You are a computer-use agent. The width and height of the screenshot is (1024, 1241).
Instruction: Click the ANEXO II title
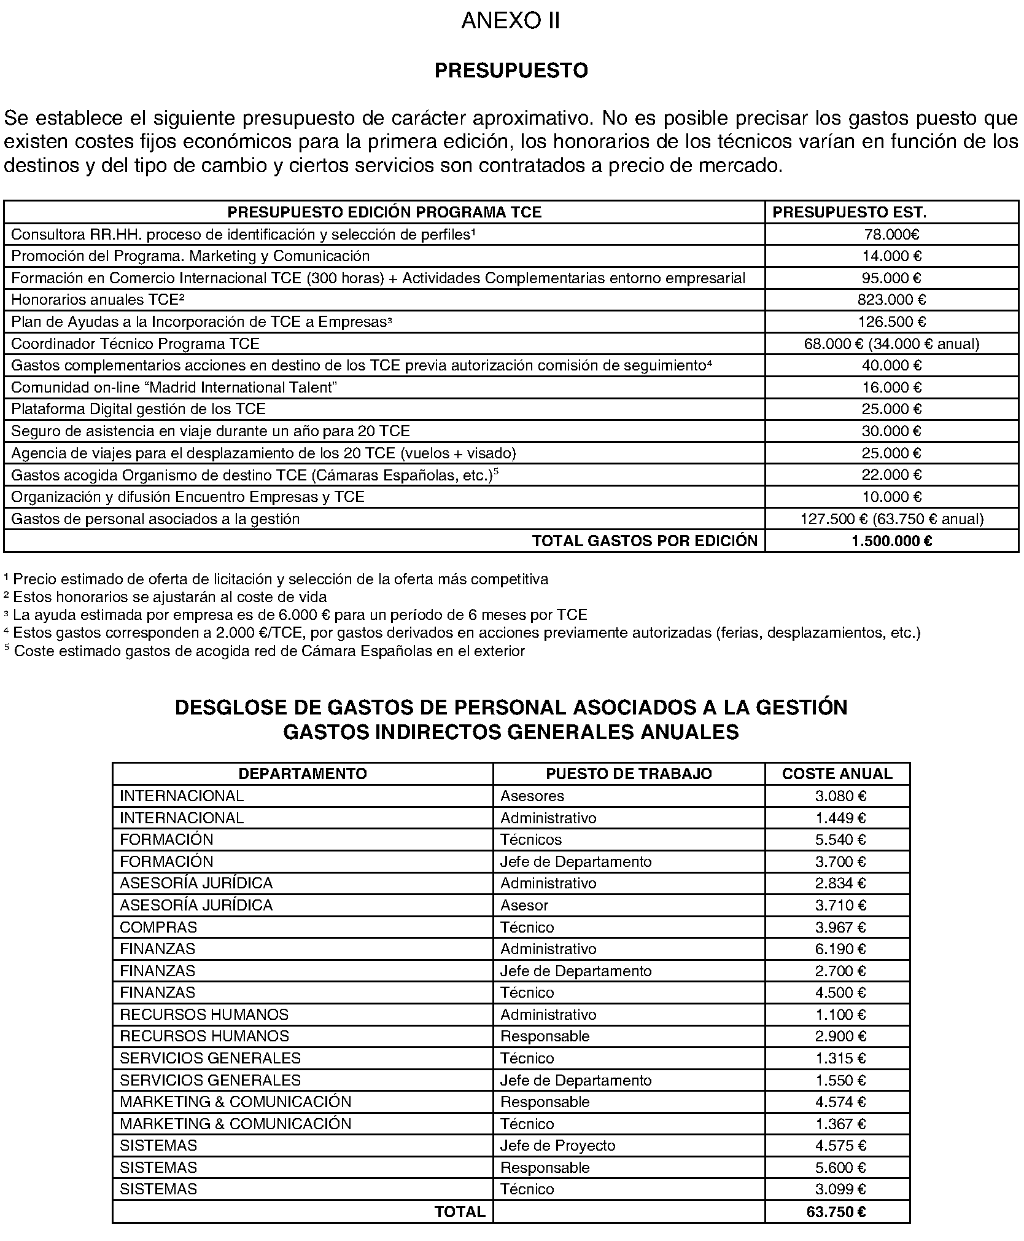click(510, 22)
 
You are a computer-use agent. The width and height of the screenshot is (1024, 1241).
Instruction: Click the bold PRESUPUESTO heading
click(511, 71)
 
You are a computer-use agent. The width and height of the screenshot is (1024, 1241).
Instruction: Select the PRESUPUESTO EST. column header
click(849, 213)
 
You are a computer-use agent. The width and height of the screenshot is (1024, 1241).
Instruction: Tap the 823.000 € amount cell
click(891, 300)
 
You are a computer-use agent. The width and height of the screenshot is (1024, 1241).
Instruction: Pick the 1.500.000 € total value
click(891, 541)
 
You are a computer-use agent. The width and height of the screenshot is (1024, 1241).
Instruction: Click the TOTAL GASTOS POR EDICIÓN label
click(645, 541)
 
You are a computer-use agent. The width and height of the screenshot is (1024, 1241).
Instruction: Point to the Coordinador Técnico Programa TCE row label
click(135, 343)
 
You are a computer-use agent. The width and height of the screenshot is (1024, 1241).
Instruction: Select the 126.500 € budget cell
click(891, 322)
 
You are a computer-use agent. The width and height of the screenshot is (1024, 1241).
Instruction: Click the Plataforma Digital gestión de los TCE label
click(138, 409)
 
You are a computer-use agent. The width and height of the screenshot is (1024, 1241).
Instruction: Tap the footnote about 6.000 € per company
click(296, 615)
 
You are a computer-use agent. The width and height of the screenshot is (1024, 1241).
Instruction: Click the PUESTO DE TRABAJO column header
click(629, 773)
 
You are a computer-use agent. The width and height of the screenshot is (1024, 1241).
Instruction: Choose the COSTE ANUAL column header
click(837, 773)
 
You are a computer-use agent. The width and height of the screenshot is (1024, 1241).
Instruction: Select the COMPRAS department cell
click(158, 927)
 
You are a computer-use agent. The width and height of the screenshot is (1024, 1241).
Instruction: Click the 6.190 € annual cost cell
click(840, 949)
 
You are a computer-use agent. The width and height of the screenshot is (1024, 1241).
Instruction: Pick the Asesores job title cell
click(532, 796)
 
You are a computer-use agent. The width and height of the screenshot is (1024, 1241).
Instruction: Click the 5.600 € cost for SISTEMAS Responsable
click(840, 1168)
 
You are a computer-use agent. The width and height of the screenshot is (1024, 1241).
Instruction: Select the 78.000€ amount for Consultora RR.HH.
click(891, 235)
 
